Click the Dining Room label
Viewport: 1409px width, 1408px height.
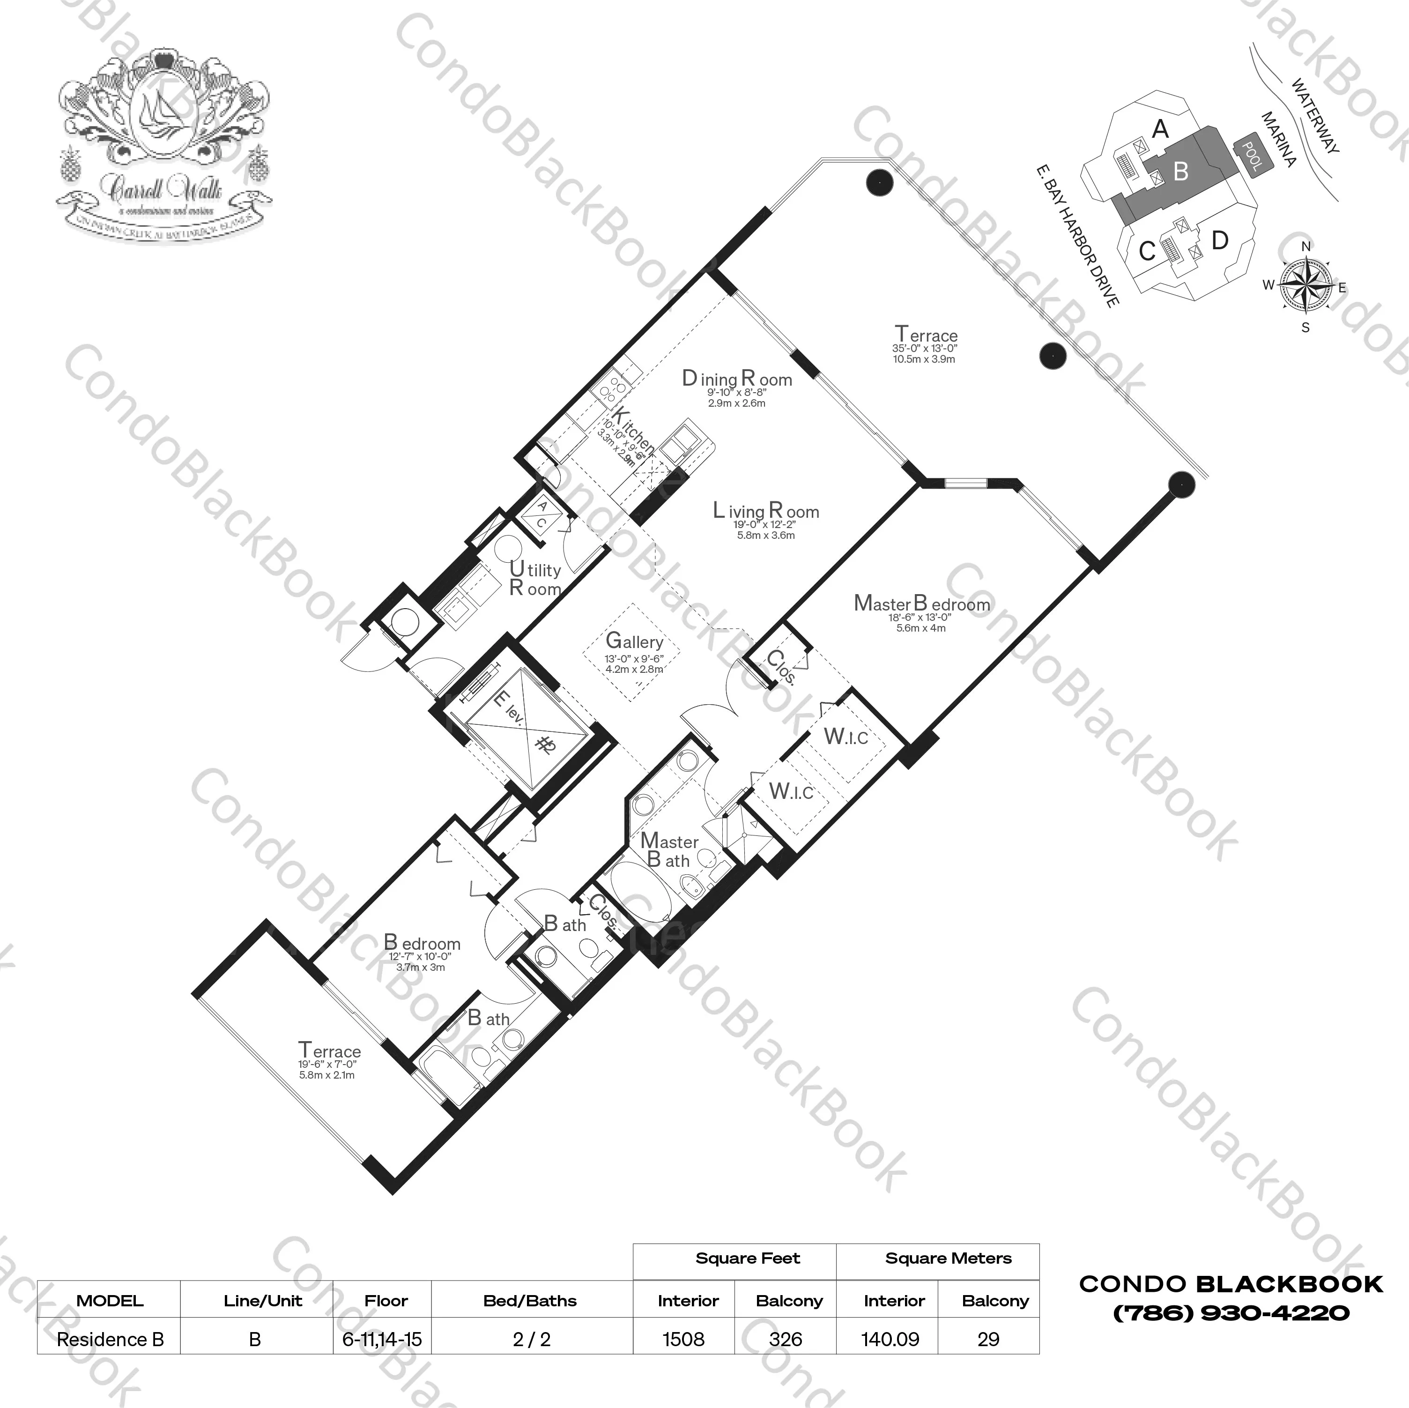[737, 380]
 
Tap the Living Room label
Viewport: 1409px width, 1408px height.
[766, 511]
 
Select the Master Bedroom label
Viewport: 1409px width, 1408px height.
[922, 604]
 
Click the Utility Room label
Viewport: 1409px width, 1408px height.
[535, 579]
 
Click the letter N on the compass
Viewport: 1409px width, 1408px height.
[1306, 246]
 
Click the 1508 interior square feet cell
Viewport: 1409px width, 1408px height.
[683, 1340]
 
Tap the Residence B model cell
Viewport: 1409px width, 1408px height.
[110, 1340]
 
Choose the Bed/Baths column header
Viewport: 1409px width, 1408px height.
[530, 1301]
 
